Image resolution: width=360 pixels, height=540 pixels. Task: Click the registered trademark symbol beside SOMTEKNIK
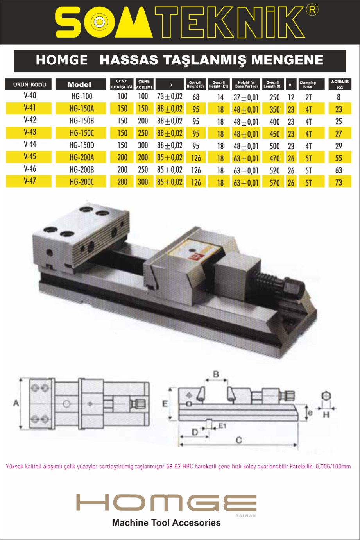312,11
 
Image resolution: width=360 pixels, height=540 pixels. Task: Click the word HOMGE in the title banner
61,60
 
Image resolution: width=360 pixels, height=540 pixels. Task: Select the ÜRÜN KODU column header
29,84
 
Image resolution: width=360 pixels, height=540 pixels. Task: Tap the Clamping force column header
308,84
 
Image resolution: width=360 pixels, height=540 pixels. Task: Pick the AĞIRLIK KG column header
340,84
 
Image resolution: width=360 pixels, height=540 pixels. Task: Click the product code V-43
30,132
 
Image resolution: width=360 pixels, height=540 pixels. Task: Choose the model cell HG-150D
82,145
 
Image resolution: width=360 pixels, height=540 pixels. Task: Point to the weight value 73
339,182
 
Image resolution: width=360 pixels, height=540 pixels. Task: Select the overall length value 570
275,183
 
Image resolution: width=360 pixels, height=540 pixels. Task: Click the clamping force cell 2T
308,97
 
